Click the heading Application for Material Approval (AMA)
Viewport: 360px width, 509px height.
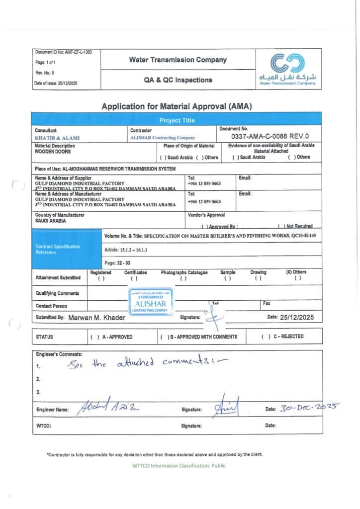tap(177, 106)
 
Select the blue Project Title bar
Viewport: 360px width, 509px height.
tap(177, 120)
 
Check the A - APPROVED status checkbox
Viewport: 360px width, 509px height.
tap(94, 337)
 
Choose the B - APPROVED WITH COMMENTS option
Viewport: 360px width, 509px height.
tap(165, 337)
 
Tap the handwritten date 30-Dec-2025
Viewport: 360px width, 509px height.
tap(308, 408)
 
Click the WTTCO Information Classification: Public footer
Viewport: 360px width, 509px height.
tap(179, 466)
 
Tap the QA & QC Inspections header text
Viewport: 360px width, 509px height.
tap(178, 80)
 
